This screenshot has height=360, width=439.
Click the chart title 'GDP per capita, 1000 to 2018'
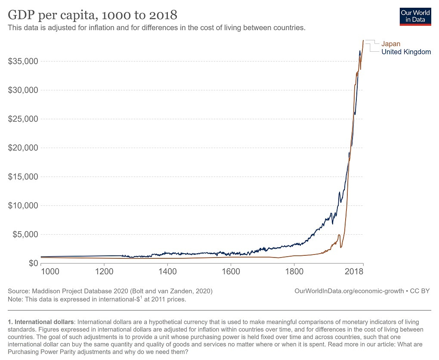pyautogui.click(x=93, y=15)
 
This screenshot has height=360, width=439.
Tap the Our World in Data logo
pyautogui.click(x=415, y=16)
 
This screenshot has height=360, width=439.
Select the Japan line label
pyautogui.click(x=391, y=43)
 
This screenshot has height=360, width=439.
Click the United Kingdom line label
pyautogui.click(x=406, y=52)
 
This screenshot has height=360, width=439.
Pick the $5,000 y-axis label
pyautogui.click(x=25, y=234)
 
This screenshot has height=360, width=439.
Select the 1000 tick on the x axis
pyautogui.click(x=49, y=272)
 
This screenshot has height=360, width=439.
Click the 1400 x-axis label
pyautogui.click(x=167, y=272)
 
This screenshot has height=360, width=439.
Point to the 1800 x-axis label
pyautogui.click(x=294, y=272)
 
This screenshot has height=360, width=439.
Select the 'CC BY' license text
pyautogui.click(x=420, y=291)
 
